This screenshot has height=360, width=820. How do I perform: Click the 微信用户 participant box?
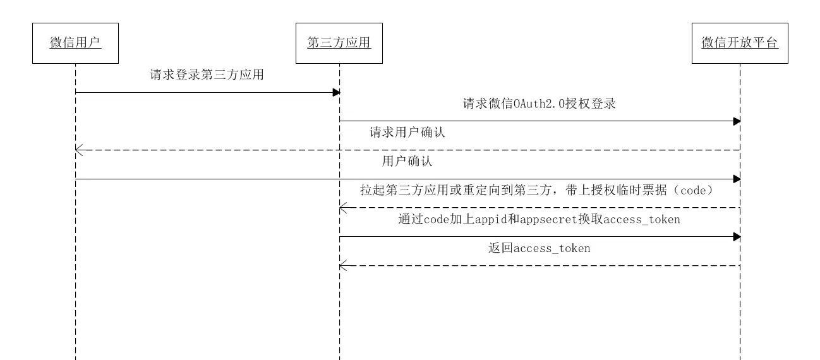(75, 43)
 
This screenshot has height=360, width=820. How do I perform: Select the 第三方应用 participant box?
(339, 43)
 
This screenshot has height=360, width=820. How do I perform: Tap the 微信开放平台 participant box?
(740, 43)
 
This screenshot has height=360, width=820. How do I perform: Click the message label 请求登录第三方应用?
(207, 75)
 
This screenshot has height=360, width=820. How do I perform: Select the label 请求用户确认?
(407, 133)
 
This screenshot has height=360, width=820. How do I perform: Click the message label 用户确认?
(407, 161)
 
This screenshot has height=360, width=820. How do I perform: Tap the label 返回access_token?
(540, 248)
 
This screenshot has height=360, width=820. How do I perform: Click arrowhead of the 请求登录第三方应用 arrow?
(337, 93)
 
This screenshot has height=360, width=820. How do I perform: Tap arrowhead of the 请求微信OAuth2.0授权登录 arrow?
(737, 121)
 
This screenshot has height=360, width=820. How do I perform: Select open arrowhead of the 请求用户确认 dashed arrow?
(78, 150)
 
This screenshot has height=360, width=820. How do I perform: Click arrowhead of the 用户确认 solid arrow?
(737, 179)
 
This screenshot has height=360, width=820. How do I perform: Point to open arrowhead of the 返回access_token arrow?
(342, 266)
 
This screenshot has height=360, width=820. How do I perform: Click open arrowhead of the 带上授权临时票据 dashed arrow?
(342, 208)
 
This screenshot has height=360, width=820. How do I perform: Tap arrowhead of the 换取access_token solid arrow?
(737, 237)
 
